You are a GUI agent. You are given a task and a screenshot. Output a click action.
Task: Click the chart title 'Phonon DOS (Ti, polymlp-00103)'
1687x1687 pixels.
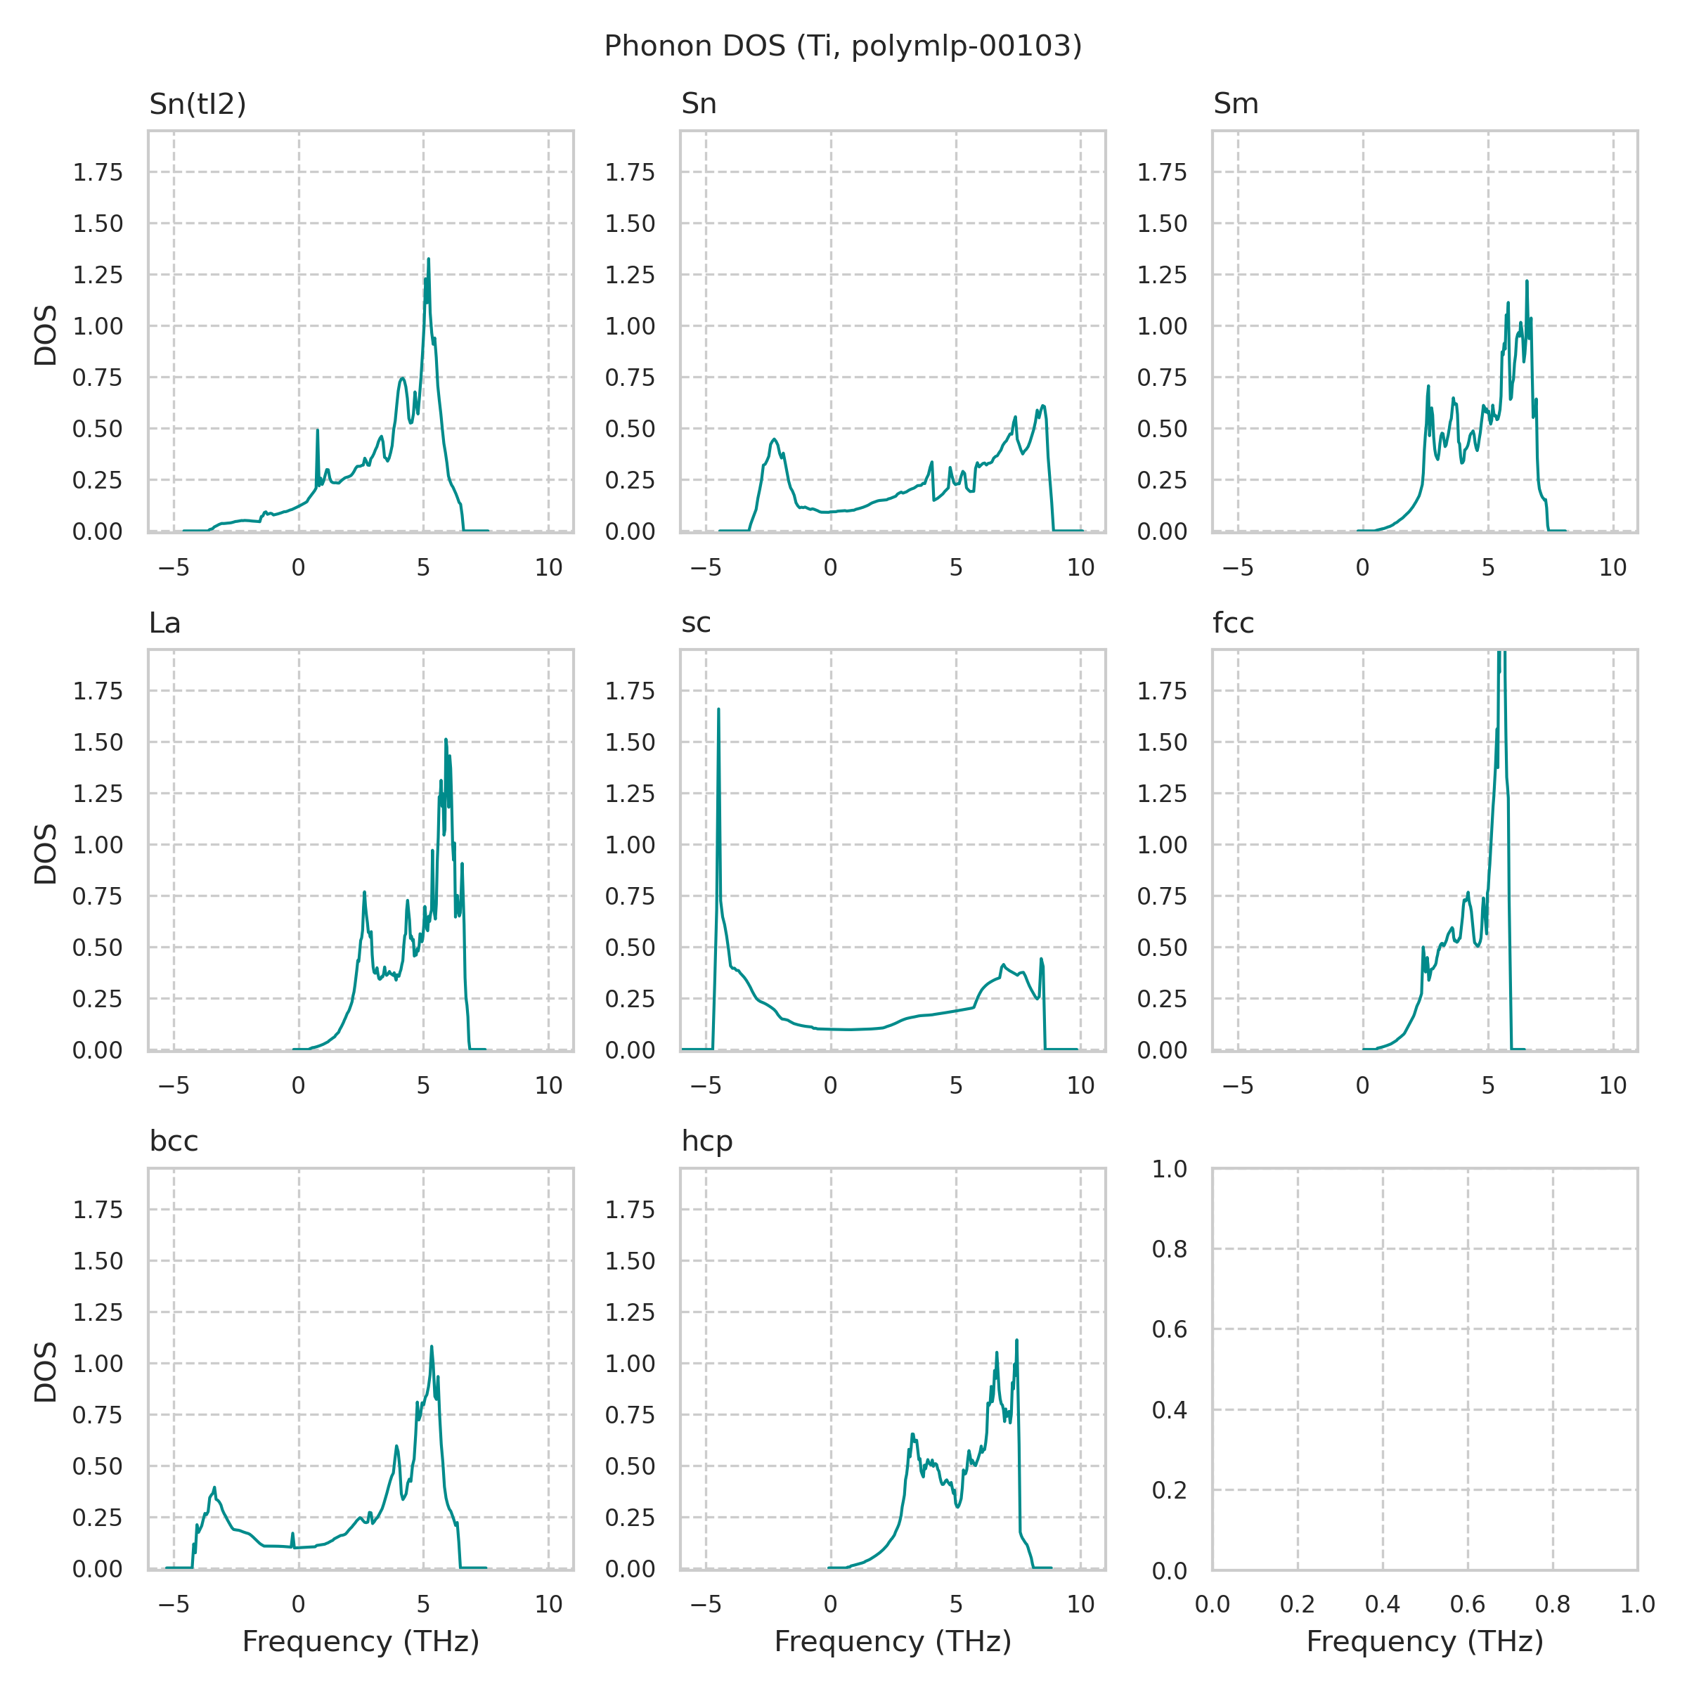[x=843, y=46]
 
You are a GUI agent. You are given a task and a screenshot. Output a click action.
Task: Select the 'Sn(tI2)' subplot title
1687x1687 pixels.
[x=198, y=104]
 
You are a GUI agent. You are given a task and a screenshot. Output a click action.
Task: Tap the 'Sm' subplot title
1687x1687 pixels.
[x=1236, y=104]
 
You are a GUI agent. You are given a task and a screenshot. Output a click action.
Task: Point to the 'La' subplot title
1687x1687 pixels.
[x=165, y=623]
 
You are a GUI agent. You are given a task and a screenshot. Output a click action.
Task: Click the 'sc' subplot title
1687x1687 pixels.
[x=696, y=623]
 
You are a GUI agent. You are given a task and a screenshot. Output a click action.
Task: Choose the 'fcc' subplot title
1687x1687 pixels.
[x=1233, y=623]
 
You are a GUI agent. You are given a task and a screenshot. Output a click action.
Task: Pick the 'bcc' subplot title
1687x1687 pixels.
[x=174, y=1142]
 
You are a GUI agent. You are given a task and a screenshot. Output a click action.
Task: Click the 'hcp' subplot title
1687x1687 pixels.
[x=706, y=1142]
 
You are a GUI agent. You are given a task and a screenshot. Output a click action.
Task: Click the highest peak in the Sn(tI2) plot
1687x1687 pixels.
[x=429, y=259]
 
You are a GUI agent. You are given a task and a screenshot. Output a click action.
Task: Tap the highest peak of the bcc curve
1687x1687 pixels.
[x=432, y=1347]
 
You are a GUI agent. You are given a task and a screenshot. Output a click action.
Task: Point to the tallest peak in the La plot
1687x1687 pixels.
[x=446, y=739]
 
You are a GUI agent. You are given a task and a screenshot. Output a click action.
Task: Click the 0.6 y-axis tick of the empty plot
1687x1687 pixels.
[x=1169, y=1329]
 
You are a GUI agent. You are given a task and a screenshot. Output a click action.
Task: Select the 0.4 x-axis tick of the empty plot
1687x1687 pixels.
[x=1382, y=1604]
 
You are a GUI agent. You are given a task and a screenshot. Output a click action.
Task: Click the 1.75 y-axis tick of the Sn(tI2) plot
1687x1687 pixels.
[x=97, y=173]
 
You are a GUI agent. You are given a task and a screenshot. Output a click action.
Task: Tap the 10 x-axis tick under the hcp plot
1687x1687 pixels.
[x=1080, y=1604]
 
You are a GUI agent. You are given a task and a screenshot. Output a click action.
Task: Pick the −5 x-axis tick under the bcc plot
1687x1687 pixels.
[x=173, y=1604]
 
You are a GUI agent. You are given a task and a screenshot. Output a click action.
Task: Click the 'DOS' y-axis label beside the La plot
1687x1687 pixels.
[x=46, y=853]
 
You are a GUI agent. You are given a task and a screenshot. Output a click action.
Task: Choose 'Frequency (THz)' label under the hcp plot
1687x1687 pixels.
[x=893, y=1641]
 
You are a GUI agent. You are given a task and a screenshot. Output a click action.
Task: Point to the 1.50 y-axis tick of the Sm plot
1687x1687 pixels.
[x=1161, y=224]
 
